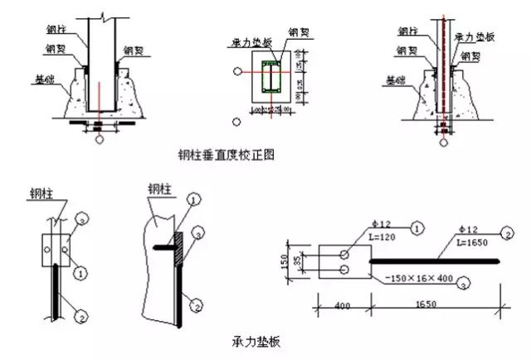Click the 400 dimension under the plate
329,307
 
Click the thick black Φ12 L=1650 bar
431,262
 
